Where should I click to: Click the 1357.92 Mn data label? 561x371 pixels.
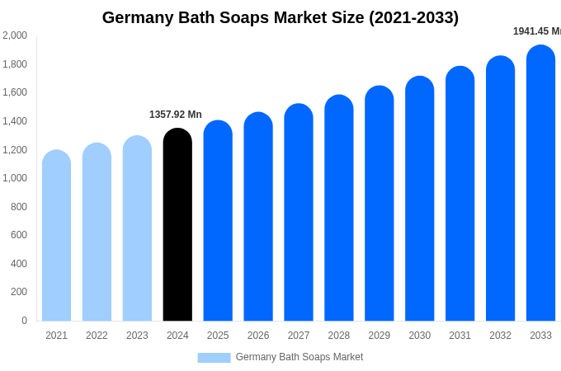pos(176,115)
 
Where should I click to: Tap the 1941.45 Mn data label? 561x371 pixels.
pos(537,31)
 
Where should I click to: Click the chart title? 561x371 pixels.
pos(280,17)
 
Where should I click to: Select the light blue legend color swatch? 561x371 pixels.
pos(214,358)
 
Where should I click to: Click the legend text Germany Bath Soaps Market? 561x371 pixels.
pos(299,357)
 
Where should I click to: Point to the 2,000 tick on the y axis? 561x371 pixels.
pos(15,35)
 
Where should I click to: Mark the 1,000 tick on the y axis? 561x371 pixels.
pos(15,178)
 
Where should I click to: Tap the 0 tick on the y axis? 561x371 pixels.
pos(24,321)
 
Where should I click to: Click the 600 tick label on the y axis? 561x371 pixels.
pos(18,235)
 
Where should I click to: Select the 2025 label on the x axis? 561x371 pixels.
pos(218,336)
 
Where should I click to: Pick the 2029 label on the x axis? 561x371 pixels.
pos(379,336)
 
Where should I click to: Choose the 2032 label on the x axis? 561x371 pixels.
pos(500,336)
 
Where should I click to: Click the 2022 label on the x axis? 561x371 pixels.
pos(97,336)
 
